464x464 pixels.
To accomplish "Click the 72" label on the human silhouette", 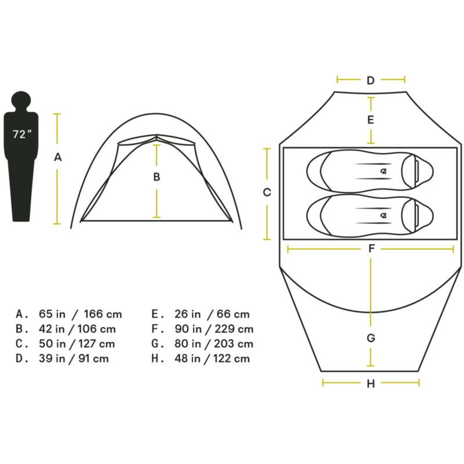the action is tap(22, 134).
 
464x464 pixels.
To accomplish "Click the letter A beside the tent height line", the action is tap(58, 157).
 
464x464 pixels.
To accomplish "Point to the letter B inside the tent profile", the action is tap(157, 177).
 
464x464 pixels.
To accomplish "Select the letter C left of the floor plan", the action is tap(267, 192).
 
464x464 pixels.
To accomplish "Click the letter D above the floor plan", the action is tap(370, 80).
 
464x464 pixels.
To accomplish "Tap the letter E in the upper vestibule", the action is tap(371, 120).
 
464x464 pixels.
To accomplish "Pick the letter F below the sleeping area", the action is tap(372, 248).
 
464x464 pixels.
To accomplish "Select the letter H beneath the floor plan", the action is tap(371, 384).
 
